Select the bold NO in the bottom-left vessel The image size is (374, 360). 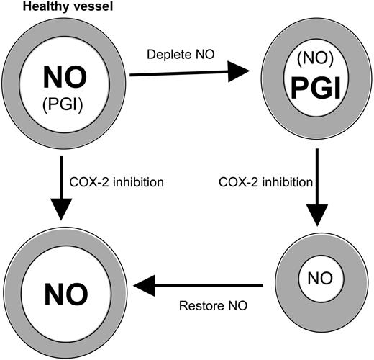click(x=65, y=292)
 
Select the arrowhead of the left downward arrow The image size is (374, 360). click(x=65, y=210)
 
